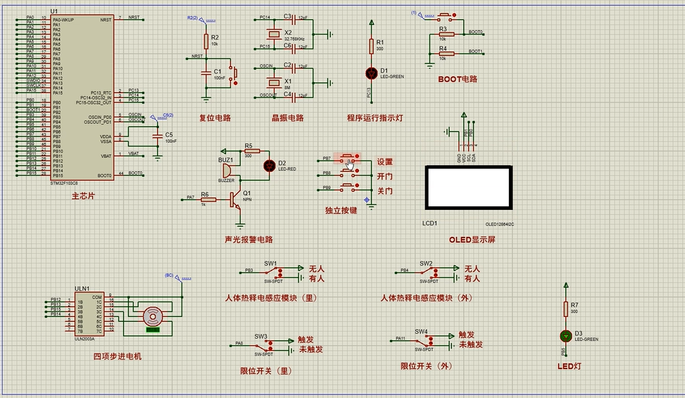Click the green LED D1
coord(372,73)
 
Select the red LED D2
coord(268,166)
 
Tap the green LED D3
coord(565,336)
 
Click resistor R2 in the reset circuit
coord(206,40)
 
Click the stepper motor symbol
coord(153,316)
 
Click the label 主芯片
coord(82,197)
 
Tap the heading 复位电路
coord(215,118)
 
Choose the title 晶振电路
coord(287,118)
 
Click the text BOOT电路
coord(458,79)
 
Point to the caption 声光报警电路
coord(248,240)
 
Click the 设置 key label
coord(384,162)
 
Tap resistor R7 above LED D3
coord(565,308)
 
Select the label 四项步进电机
coord(118,356)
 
